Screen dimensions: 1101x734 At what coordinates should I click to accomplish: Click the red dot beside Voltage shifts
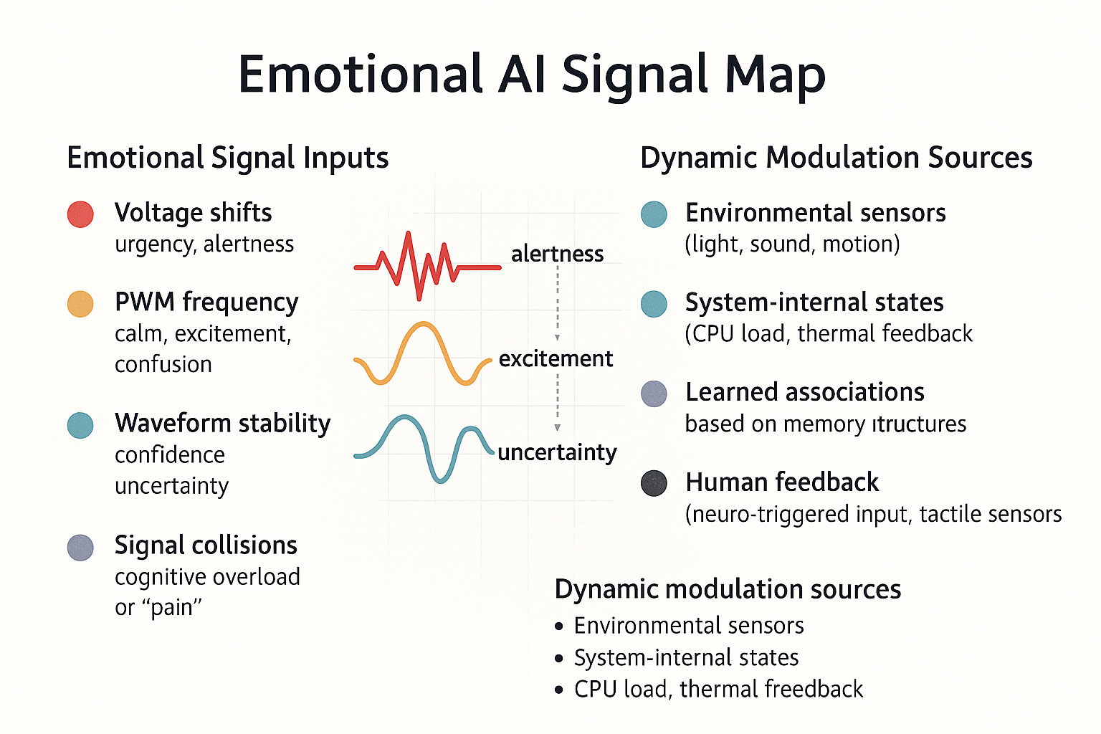pos(80,214)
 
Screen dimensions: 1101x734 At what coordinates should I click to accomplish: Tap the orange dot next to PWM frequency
pos(80,304)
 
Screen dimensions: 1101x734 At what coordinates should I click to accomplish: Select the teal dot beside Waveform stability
pos(80,425)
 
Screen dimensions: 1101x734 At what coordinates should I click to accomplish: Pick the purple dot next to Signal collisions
pos(80,548)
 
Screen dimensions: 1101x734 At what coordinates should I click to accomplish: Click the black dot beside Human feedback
pos(654,483)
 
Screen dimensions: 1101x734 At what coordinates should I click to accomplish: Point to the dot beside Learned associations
pos(654,394)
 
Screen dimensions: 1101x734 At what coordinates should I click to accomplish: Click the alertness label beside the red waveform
pos(558,254)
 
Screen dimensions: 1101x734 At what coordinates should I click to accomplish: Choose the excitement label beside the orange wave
pos(556,359)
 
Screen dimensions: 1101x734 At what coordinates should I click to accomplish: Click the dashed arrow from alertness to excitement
pos(558,303)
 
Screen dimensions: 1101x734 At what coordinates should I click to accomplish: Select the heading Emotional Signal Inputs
pos(227,158)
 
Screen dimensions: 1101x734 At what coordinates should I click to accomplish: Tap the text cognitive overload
pos(207,577)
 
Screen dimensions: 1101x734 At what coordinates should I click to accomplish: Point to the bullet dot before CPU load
pos(558,690)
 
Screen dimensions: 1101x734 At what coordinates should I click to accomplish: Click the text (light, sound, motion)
pos(792,244)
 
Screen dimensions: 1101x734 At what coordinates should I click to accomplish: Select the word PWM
pos(145,302)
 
